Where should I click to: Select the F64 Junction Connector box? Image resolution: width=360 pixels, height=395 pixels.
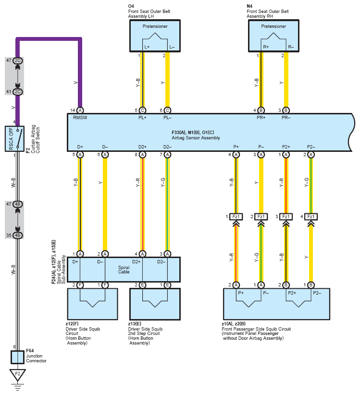click(17, 357)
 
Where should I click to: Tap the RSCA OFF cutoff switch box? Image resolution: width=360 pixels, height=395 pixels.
click(14, 138)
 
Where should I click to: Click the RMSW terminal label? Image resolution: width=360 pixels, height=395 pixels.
click(80, 118)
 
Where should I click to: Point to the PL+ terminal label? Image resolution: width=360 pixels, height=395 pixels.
click(142, 118)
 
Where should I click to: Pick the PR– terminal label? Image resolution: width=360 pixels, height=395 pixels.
click(286, 118)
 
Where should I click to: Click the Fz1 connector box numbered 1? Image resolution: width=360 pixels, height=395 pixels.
click(236, 217)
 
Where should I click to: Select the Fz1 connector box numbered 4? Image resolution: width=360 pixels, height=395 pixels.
click(311, 217)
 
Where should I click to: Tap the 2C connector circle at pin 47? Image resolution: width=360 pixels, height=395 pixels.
click(18, 61)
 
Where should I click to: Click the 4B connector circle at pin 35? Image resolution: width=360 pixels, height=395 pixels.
click(18, 235)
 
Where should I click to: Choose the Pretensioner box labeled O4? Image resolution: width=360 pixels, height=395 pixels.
click(155, 36)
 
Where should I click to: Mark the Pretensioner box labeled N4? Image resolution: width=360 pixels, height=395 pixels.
click(273, 36)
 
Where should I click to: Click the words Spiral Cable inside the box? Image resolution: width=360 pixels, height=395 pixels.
click(124, 270)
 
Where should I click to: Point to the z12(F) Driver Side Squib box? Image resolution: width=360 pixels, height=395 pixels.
click(92, 304)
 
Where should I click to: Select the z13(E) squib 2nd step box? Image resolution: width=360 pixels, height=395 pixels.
click(155, 304)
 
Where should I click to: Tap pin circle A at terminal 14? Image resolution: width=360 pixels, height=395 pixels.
click(80, 111)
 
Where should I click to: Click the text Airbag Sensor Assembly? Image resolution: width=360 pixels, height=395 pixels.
click(196, 138)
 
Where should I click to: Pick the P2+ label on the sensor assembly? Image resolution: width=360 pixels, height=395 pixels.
click(286, 147)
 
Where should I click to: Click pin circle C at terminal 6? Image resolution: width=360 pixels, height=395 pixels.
click(167, 111)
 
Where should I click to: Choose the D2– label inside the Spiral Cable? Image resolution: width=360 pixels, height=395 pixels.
click(161, 262)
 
